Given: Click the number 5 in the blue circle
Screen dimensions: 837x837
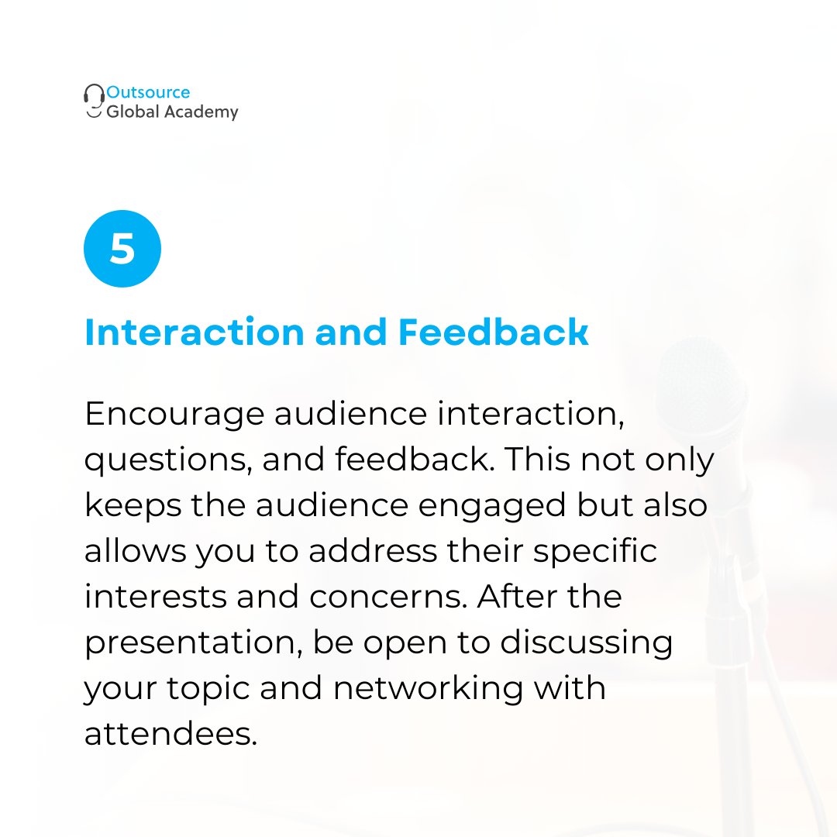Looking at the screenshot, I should point(122,249).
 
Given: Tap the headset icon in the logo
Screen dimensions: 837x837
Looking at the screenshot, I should point(94,102).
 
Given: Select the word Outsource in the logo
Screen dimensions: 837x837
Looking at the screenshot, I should point(148,92).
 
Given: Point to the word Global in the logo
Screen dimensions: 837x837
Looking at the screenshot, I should point(133,112).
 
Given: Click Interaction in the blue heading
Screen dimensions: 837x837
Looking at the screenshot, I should point(194,332).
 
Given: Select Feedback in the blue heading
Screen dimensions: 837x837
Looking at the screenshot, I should point(493,332).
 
